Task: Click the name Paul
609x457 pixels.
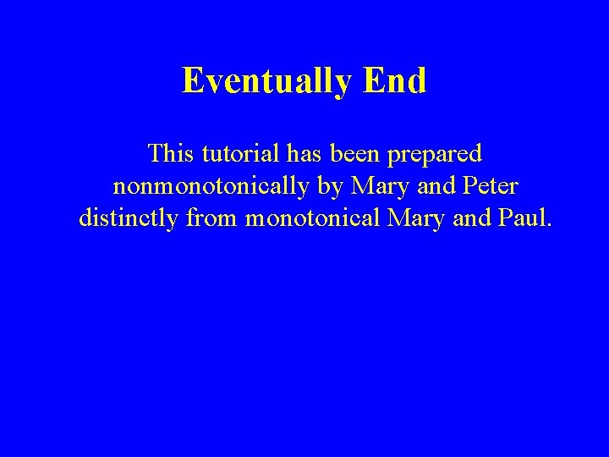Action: (520, 218)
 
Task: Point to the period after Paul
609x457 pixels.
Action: (549, 226)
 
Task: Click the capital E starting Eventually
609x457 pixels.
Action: (194, 81)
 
